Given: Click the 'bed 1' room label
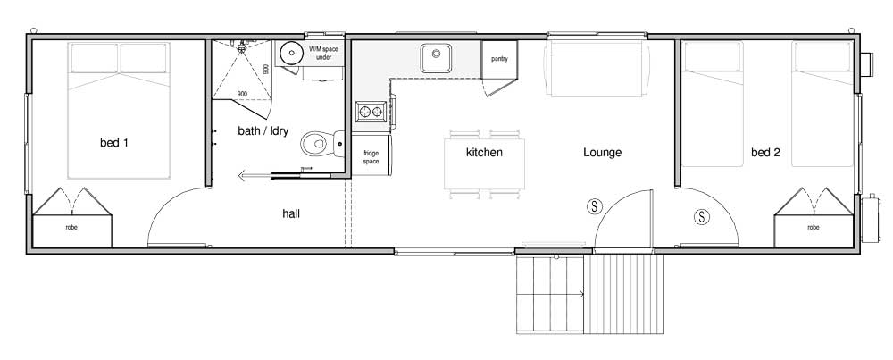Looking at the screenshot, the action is click(114, 143).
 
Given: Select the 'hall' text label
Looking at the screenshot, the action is click(291, 213).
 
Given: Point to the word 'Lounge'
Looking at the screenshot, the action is click(602, 153).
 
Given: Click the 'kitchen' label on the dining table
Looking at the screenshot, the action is click(484, 152).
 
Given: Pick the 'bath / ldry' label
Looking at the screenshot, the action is click(263, 131).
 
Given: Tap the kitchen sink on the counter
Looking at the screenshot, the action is click(437, 58).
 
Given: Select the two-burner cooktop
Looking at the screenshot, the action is click(371, 112).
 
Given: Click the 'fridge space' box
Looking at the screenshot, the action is click(371, 155).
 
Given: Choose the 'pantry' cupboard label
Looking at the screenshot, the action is click(499, 59).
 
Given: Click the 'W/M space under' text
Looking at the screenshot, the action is click(323, 53).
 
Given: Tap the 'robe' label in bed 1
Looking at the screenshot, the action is click(71, 227).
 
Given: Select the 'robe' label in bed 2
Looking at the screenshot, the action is click(814, 227).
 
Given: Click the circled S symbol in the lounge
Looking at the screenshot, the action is click(595, 206).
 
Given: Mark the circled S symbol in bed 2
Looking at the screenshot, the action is click(702, 216).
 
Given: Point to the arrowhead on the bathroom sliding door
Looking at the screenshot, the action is click(241, 175).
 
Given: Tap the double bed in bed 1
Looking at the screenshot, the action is click(119, 111).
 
